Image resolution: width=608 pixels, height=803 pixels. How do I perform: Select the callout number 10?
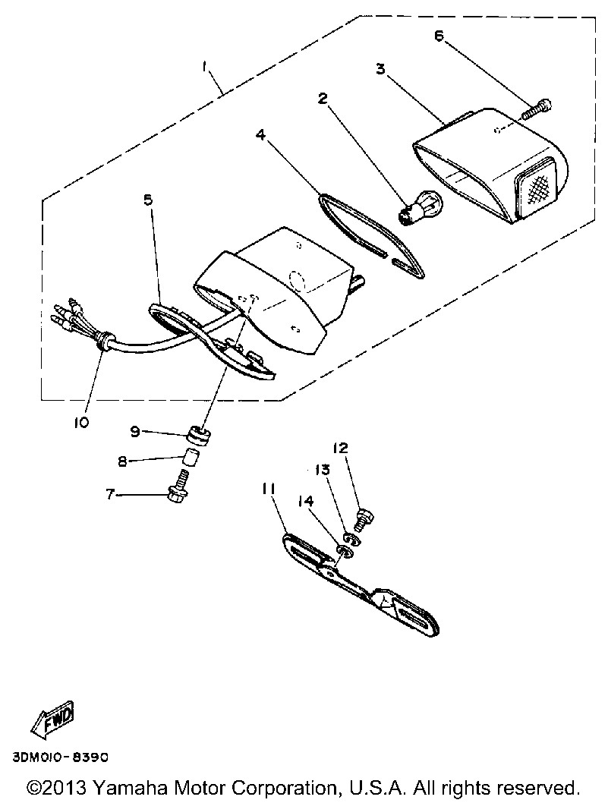tap(81, 422)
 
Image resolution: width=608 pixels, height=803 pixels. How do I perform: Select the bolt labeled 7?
tap(181, 488)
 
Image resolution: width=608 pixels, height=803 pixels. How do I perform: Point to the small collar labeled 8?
tap(190, 459)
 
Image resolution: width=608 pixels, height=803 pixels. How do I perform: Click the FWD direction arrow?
tap(53, 719)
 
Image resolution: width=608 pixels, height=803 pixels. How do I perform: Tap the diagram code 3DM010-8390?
tap(61, 757)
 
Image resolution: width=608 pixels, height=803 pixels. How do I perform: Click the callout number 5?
tap(147, 200)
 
